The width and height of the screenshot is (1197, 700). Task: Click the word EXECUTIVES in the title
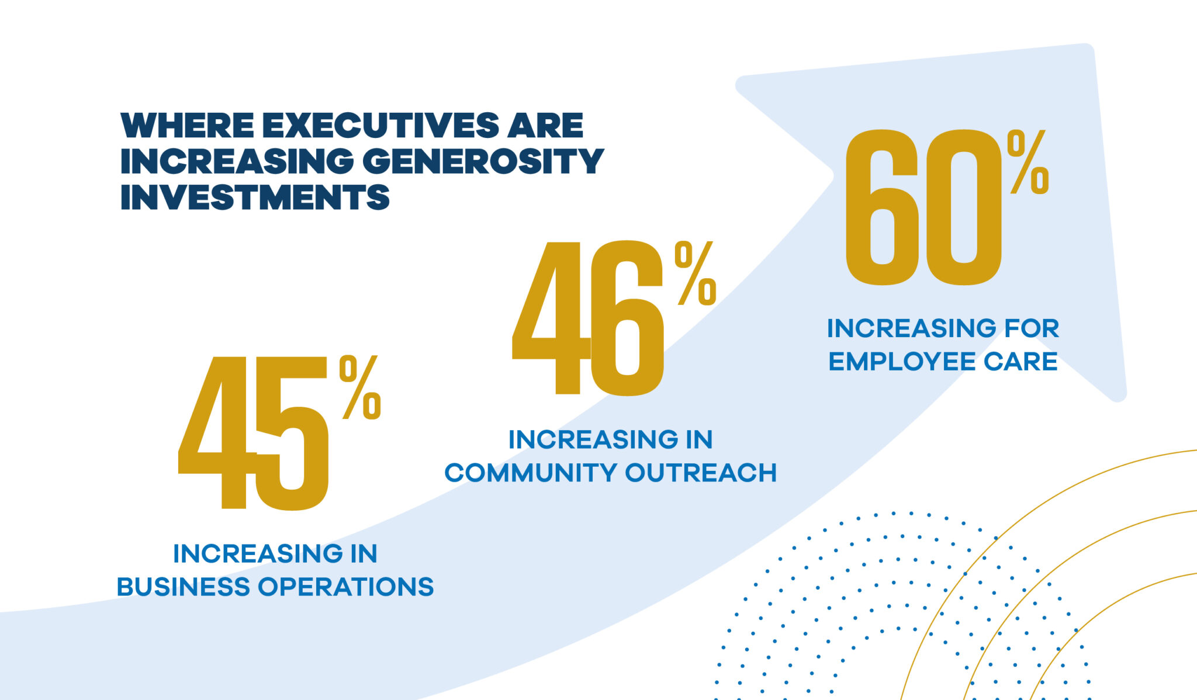(x=380, y=126)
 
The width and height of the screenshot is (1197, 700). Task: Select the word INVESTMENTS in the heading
(x=255, y=197)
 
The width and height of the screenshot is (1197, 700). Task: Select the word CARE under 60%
(x=1020, y=362)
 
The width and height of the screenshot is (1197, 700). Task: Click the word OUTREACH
(x=701, y=473)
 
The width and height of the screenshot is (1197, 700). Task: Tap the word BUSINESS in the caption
(x=183, y=587)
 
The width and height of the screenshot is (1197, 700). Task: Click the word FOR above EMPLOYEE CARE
(x=1032, y=328)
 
